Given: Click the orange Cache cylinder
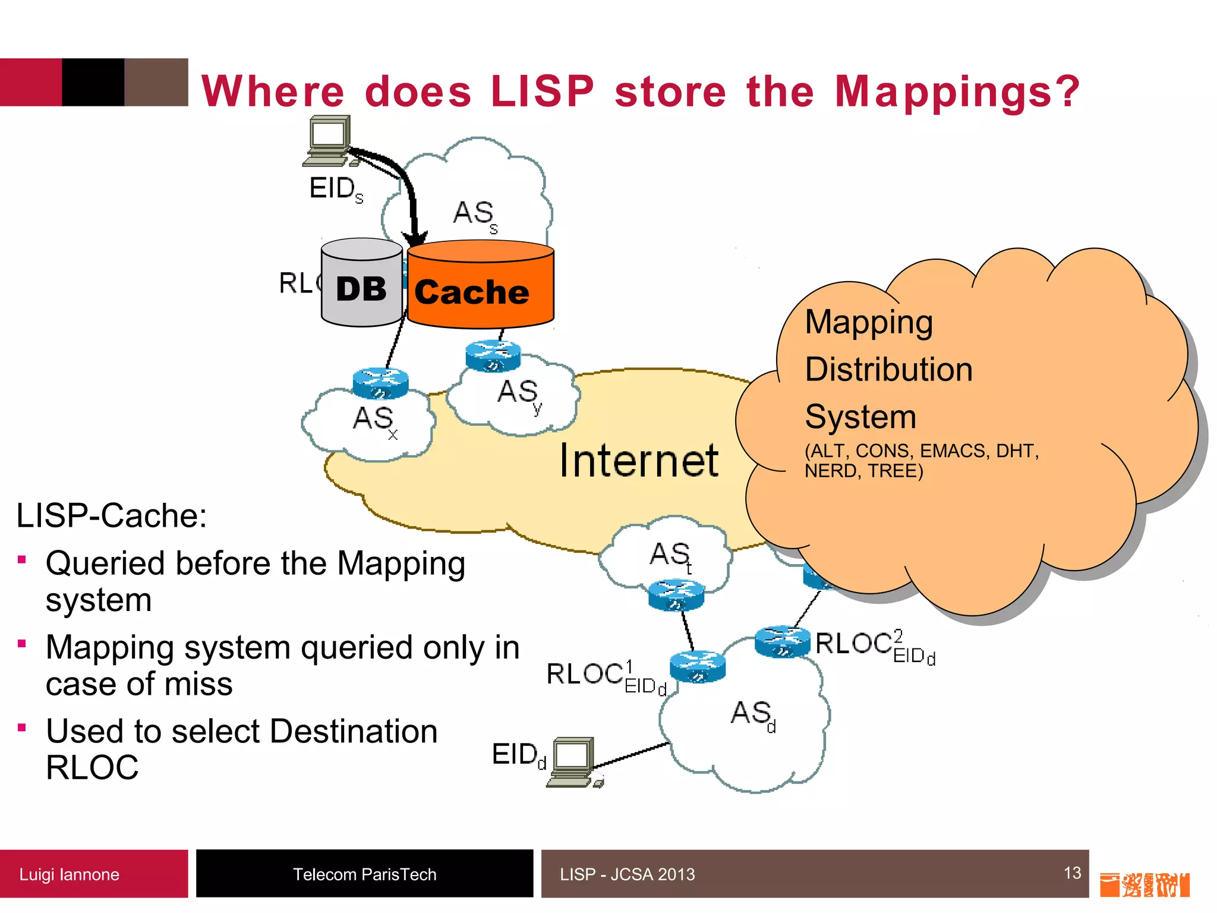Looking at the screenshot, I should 480,285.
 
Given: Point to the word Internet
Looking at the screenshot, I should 639,461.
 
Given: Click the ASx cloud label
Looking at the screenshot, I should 374,420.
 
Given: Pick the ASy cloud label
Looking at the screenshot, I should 519,393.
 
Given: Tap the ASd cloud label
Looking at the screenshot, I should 752,714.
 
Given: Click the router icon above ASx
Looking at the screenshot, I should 380,383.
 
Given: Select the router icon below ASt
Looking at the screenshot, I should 676,595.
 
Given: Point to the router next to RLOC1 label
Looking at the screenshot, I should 698,667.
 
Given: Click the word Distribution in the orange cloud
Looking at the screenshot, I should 888,370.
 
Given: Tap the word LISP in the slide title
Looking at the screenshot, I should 542,92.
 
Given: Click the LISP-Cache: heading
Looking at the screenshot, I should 112,515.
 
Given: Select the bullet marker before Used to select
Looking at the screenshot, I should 22,728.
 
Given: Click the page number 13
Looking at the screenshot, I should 1072,873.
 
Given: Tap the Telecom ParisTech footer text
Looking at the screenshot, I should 364,874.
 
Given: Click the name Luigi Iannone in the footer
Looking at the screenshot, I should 69,874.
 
